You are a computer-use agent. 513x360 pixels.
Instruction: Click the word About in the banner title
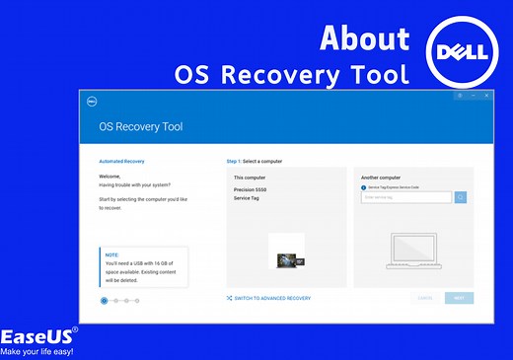[x=364, y=37]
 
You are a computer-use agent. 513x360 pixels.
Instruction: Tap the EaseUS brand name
[x=35, y=335]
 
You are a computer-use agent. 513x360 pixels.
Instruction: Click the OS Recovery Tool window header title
[x=141, y=127]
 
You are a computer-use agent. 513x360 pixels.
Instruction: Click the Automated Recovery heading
[x=122, y=160]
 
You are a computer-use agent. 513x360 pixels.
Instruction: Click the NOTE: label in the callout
[x=111, y=253]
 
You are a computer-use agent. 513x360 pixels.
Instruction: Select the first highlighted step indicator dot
[x=105, y=300]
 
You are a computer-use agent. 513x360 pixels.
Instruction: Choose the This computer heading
[x=252, y=178]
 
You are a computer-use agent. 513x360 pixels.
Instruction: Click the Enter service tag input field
[x=406, y=197]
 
